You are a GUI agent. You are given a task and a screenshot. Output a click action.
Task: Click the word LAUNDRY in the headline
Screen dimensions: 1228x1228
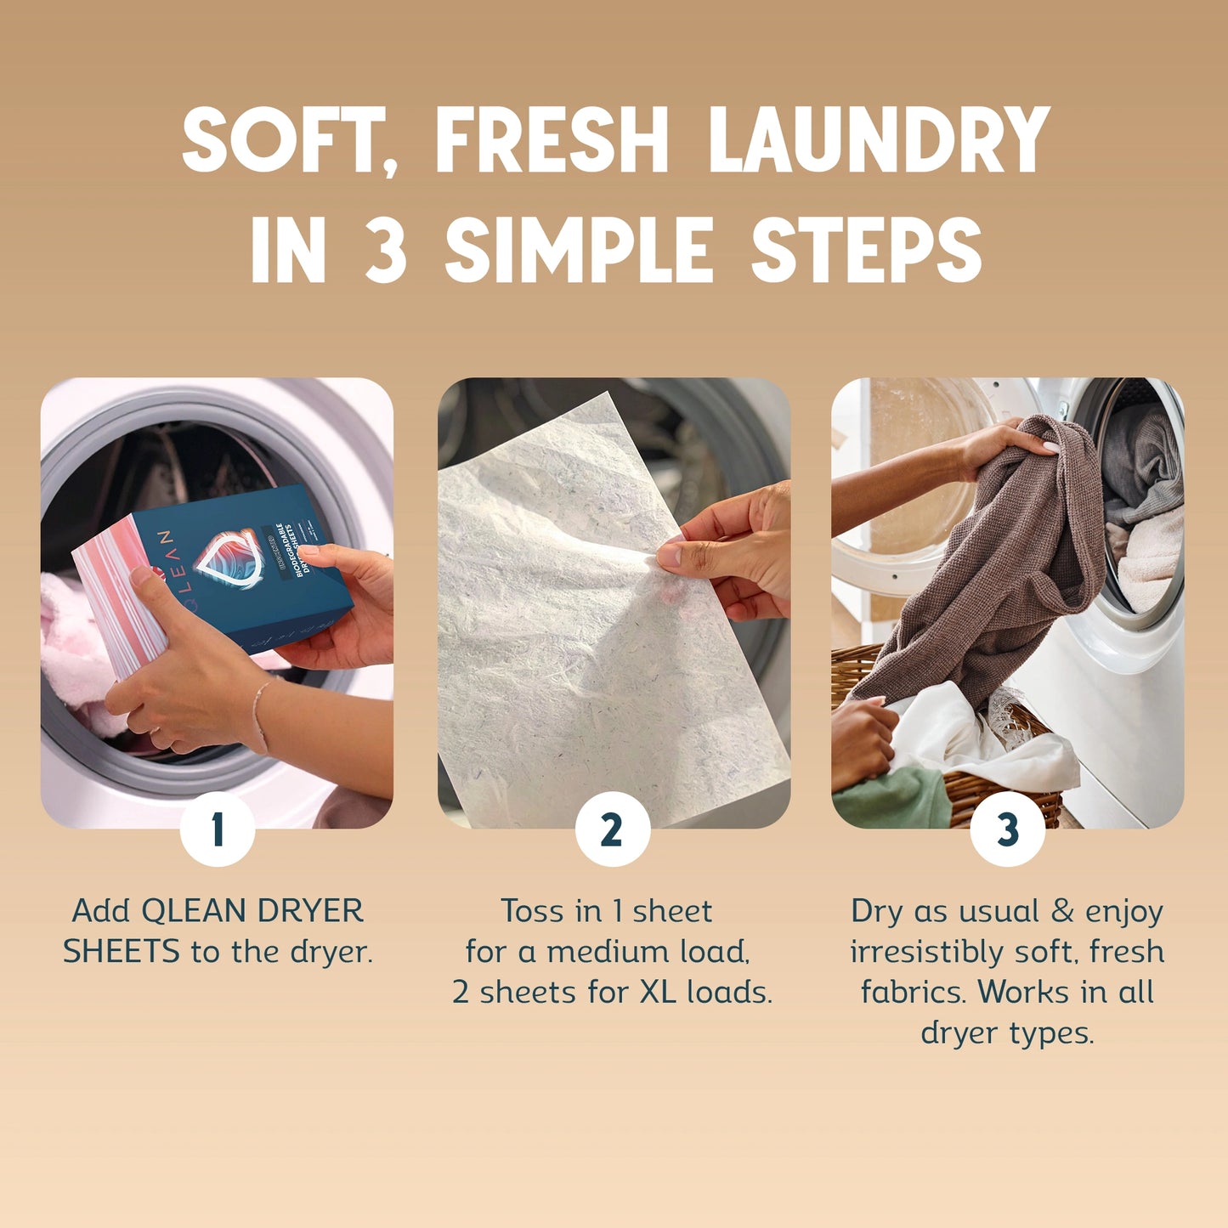pyautogui.click(x=879, y=140)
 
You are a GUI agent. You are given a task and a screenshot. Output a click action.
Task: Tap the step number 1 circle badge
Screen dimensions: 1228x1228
pyautogui.click(x=218, y=829)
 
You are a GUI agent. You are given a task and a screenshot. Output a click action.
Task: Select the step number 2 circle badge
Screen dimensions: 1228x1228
pyautogui.click(x=612, y=829)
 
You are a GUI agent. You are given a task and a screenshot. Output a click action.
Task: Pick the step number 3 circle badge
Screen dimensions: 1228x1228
pyautogui.click(x=1007, y=829)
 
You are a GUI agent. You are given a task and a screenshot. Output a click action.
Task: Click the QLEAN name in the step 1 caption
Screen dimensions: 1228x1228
pyautogui.click(x=193, y=911)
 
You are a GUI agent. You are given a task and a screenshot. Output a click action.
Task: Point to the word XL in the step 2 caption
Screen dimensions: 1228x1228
pyautogui.click(x=657, y=992)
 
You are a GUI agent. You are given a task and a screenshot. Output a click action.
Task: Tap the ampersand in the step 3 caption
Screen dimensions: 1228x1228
pyautogui.click(x=1062, y=911)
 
